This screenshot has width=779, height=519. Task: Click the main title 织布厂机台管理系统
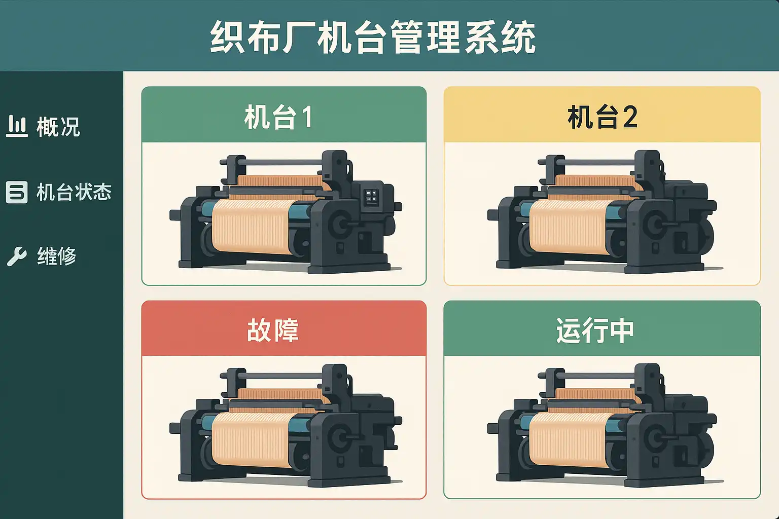(x=373, y=37)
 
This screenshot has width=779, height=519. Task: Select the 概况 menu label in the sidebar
(x=58, y=127)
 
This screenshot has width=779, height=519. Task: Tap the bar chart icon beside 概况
(x=17, y=126)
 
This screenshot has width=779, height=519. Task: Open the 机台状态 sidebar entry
(x=74, y=192)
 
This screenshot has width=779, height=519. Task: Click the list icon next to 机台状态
(x=17, y=192)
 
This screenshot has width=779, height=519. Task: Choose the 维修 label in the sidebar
(x=57, y=256)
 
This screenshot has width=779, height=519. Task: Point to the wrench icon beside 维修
(x=17, y=256)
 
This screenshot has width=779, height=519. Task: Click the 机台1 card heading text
(x=278, y=117)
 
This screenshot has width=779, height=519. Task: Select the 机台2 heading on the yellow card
(x=603, y=117)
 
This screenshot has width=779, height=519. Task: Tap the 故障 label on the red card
(x=273, y=330)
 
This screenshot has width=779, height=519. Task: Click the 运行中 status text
(x=595, y=330)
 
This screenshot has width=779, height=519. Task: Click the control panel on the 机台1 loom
(x=370, y=197)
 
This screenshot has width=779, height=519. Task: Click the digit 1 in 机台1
(x=307, y=117)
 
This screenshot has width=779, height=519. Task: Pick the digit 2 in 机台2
(x=630, y=117)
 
